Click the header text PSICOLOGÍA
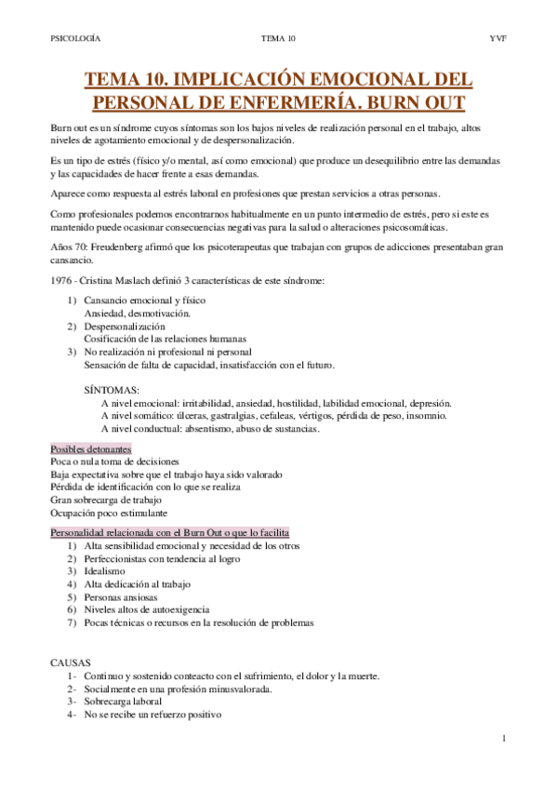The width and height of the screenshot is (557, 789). pos(74,38)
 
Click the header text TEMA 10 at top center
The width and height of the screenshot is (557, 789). pos(278,38)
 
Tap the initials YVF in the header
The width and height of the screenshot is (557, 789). pos(497,38)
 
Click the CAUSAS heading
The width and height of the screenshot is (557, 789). pos(71,662)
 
